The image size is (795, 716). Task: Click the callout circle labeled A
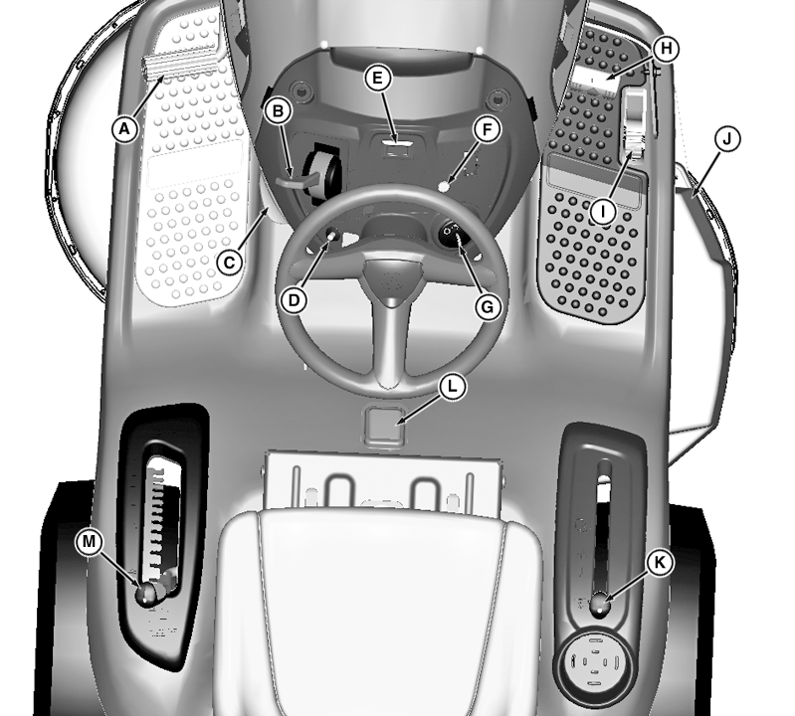124,129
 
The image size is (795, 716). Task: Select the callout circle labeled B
278,111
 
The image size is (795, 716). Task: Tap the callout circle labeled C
230,263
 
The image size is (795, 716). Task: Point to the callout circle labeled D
295,300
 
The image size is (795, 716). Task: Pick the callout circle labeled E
378,79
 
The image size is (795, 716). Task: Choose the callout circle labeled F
488,129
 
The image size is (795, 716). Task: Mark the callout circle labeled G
488,306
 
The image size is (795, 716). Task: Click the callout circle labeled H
667,49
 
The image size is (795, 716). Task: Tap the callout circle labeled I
603,211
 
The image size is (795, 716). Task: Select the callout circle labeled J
726,139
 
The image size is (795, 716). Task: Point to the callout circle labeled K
660,563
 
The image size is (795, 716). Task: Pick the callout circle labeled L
452,387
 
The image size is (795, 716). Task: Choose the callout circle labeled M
89,542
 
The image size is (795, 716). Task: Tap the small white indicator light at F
445,187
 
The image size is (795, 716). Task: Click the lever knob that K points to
600,605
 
